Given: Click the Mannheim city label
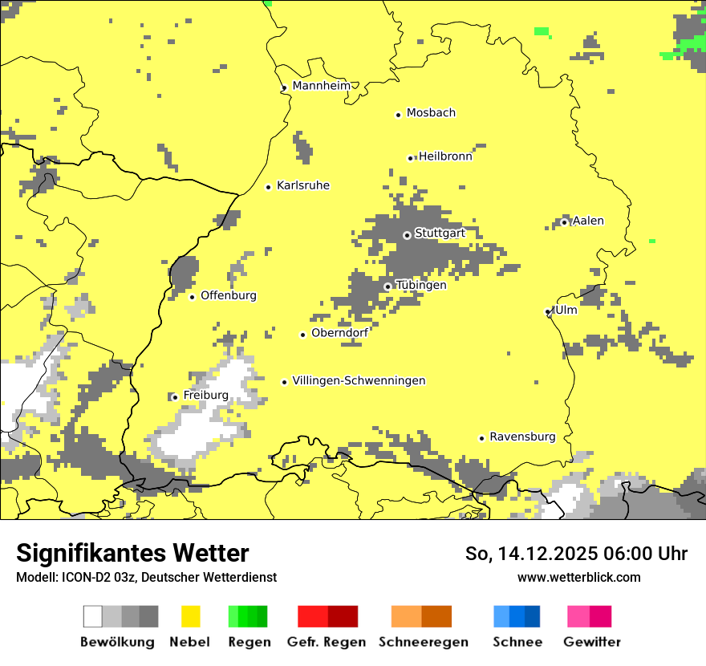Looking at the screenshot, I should (x=322, y=86).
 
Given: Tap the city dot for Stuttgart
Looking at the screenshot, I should (x=407, y=235).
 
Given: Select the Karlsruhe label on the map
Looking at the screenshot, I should (x=302, y=185).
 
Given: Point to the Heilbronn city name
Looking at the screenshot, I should (x=445, y=156).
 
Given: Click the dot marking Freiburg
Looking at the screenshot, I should (x=175, y=397).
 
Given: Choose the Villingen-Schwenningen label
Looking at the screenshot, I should (x=359, y=381).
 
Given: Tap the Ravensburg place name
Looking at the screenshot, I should (x=522, y=437).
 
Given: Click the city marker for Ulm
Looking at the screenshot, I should (x=548, y=311).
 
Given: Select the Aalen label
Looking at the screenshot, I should (x=589, y=221).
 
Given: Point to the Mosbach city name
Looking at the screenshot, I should (x=431, y=113).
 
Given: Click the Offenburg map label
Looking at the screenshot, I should (x=229, y=295).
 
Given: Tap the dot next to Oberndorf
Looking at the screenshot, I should (x=302, y=335).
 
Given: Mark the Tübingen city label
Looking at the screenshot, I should (x=421, y=286).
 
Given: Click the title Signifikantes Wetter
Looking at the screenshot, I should (x=132, y=553).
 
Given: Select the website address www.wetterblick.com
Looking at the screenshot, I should (x=578, y=577).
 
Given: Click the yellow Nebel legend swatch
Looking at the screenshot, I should (x=191, y=616).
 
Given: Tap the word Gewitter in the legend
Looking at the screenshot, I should (x=592, y=642).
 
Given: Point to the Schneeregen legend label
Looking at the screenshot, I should (x=424, y=642).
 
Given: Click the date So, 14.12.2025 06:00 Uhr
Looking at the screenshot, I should (x=576, y=554).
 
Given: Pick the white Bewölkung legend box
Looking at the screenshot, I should (x=93, y=616).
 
